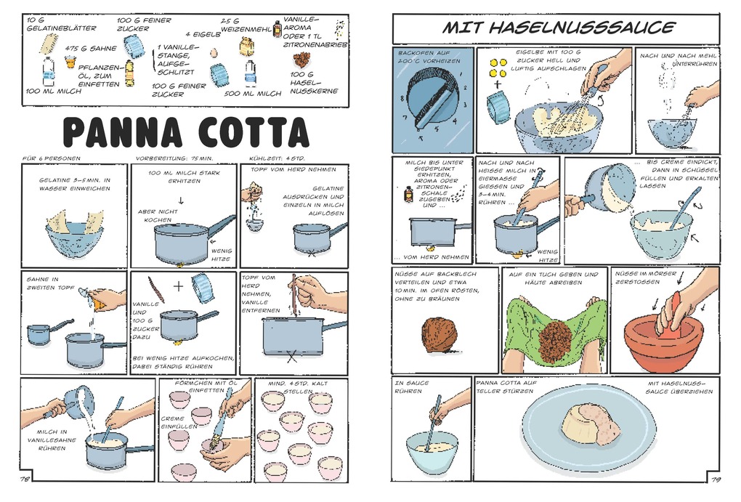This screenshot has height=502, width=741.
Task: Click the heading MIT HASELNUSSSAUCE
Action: (x=559, y=28)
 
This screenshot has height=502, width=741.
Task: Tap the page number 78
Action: (x=25, y=478)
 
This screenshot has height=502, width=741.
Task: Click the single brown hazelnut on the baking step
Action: (x=439, y=333)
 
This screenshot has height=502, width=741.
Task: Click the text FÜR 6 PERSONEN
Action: (x=51, y=157)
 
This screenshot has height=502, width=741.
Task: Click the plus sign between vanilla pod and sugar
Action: (x=178, y=286)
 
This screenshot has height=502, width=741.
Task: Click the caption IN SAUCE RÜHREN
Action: (x=412, y=386)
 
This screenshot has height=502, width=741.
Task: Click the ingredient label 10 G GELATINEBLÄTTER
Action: (x=51, y=23)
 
